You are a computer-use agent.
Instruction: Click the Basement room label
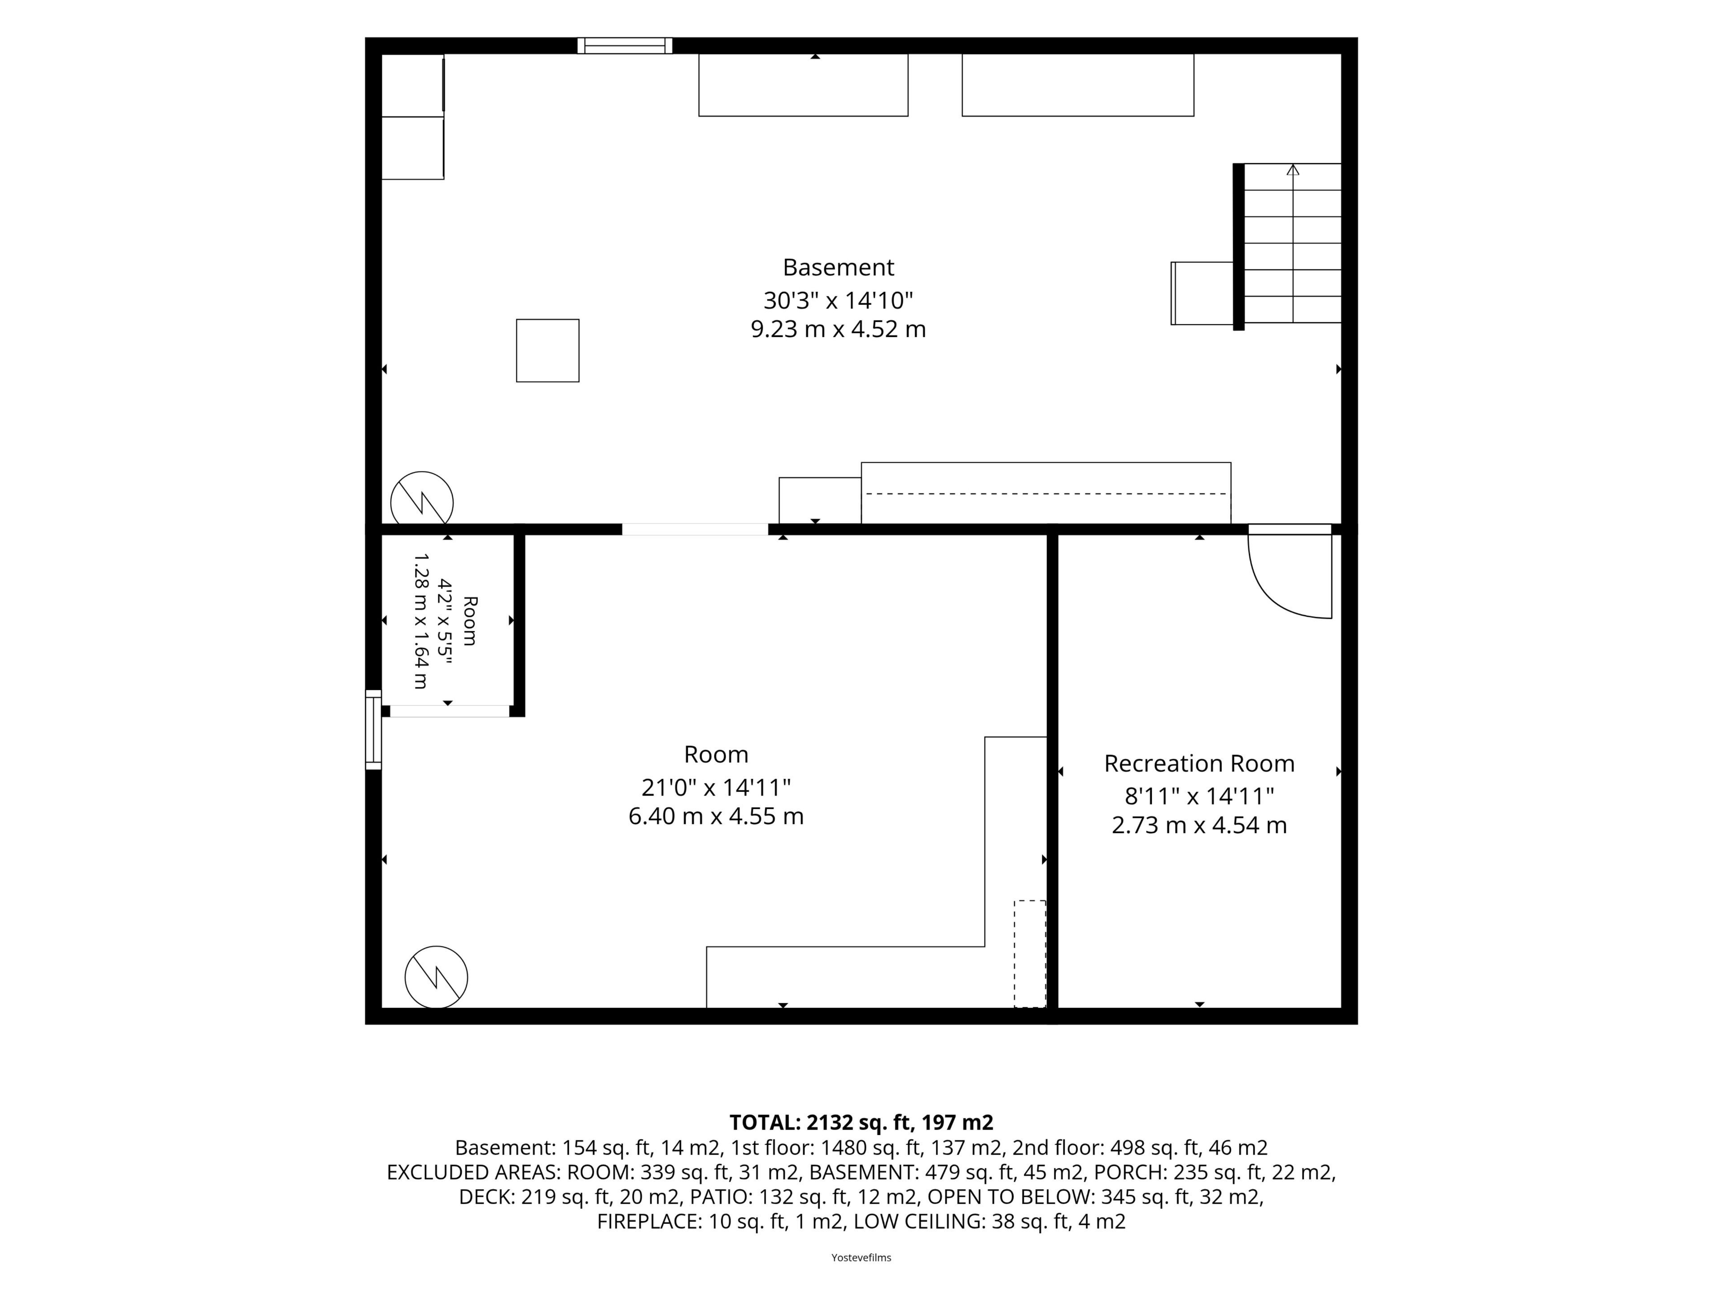pyautogui.click(x=838, y=267)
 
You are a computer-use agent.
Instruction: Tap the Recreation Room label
pyautogui.click(x=1199, y=763)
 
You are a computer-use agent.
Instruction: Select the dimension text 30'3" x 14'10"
pyautogui.click(x=838, y=300)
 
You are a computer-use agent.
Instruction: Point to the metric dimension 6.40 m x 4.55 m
pyautogui.click(x=716, y=816)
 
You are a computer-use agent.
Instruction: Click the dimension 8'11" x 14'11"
pyautogui.click(x=1199, y=796)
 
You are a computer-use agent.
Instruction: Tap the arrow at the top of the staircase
pyautogui.click(x=1293, y=169)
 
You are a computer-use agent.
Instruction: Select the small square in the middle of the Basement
pyautogui.click(x=547, y=351)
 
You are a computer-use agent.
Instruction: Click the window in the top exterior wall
pyautogui.click(x=625, y=46)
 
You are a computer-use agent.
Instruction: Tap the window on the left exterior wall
pyautogui.click(x=374, y=730)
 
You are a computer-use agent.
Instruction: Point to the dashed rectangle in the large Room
pyautogui.click(x=1030, y=954)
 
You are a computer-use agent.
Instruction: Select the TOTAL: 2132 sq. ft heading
pyautogui.click(x=861, y=1122)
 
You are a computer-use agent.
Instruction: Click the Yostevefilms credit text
pyautogui.click(x=861, y=1257)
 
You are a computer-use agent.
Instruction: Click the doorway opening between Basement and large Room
pyautogui.click(x=695, y=529)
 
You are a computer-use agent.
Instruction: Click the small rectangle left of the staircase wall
pyautogui.click(x=1202, y=293)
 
